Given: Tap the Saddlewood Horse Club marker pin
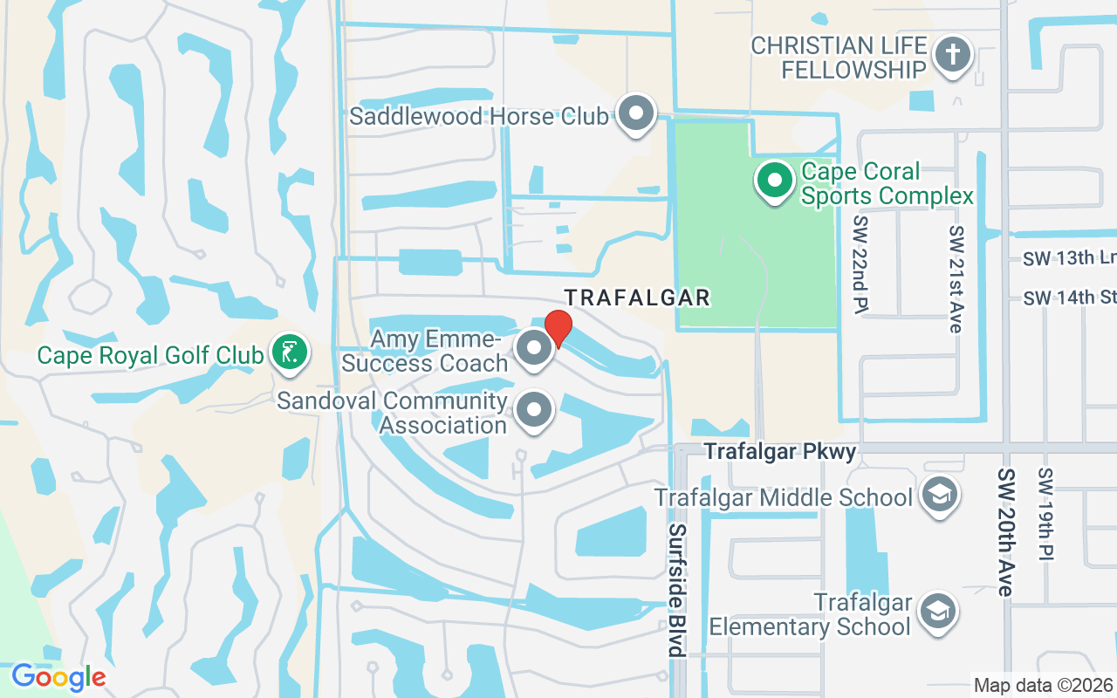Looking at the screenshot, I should click(637, 114).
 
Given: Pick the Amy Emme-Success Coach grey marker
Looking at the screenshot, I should click(534, 349).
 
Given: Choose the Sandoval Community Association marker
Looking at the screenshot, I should click(534, 410).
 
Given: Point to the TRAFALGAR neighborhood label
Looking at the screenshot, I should click(637, 298).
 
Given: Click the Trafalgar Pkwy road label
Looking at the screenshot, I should click(780, 451).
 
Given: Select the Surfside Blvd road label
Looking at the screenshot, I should click(677, 590).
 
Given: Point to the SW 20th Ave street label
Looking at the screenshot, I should click(1005, 532).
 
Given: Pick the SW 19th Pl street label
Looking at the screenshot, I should click(1046, 515).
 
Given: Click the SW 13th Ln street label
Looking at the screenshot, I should click(1070, 258).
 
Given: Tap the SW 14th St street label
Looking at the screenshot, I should click(1070, 298).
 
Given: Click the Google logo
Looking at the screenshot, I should click(58, 676).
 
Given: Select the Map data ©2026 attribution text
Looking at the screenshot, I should click(1043, 685).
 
